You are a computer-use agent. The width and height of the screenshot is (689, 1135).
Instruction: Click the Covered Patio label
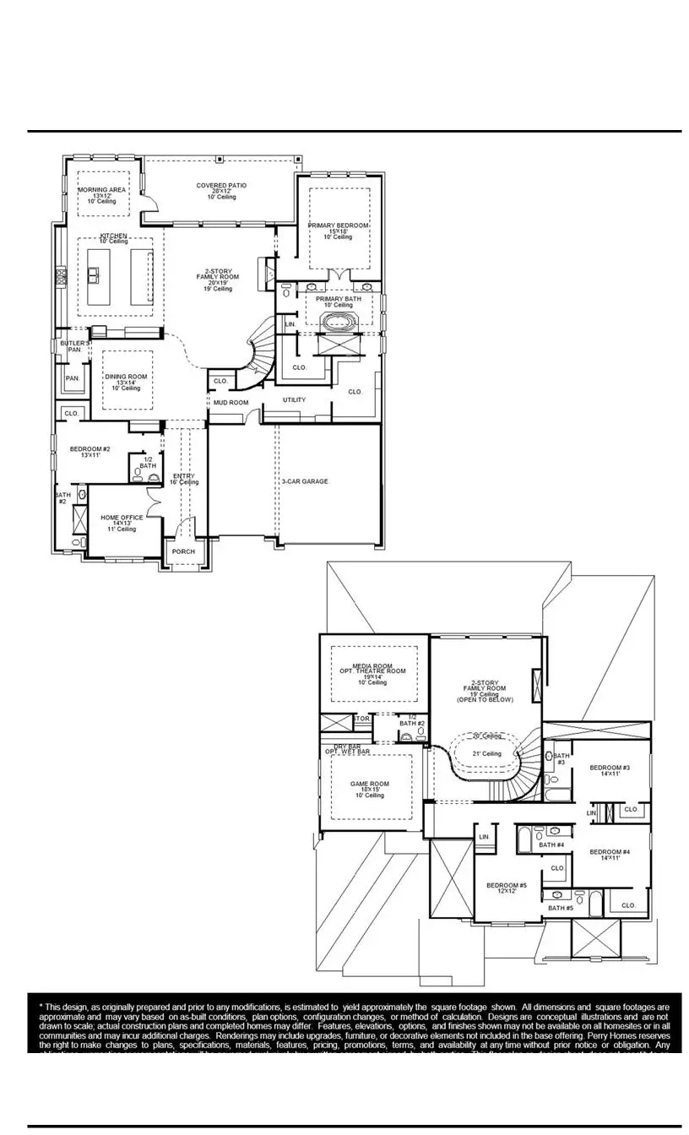(221, 186)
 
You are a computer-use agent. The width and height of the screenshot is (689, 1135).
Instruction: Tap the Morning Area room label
(102, 191)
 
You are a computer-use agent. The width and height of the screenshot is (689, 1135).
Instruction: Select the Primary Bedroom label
(338, 225)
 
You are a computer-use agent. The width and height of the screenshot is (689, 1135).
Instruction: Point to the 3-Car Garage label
(305, 481)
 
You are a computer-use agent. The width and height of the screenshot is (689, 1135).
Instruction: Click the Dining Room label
(126, 377)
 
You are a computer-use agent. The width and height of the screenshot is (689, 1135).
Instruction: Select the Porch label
(183, 551)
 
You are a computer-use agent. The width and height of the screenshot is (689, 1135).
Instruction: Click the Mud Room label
(231, 403)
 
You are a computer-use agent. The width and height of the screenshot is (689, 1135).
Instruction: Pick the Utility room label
(295, 400)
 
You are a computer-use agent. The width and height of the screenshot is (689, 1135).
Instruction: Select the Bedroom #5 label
(507, 885)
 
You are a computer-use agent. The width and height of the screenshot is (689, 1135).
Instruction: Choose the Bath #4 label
(551, 844)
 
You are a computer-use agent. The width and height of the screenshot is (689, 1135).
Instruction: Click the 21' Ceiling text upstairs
(486, 753)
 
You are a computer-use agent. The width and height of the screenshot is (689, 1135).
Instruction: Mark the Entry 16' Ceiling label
(183, 476)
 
